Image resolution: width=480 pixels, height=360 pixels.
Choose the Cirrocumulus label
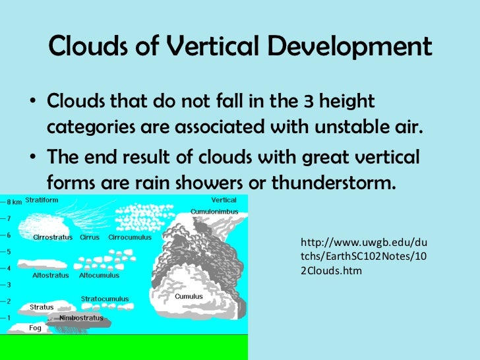(x=130, y=237)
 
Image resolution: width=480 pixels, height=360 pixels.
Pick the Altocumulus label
(x=99, y=276)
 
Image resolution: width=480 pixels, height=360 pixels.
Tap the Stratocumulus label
(x=105, y=299)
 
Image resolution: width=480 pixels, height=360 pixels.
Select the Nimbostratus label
(x=81, y=318)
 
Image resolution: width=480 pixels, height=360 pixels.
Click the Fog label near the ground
(x=36, y=327)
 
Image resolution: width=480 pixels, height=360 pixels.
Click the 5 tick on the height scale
(x=8, y=251)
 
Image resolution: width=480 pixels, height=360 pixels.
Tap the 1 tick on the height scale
(x=8, y=318)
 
